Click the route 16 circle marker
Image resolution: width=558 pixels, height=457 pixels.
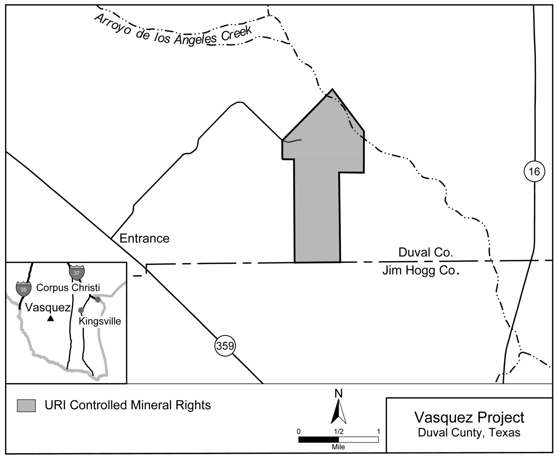[x=534, y=171]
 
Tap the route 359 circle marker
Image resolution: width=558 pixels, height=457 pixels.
[x=225, y=346]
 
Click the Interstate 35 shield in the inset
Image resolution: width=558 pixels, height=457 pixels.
[x=23, y=289]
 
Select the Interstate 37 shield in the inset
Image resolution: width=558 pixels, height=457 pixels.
[x=76, y=273]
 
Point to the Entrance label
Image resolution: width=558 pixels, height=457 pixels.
[x=144, y=238]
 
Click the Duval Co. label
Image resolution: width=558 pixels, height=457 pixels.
[x=425, y=252]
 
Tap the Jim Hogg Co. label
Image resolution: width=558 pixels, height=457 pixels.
[x=420, y=270]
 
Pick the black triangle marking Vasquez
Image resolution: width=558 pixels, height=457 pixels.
[x=50, y=318]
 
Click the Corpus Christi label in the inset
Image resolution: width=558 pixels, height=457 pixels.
[x=68, y=287]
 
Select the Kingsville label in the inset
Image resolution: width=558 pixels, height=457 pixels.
[x=100, y=321]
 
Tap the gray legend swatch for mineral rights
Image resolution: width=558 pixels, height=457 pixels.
[x=26, y=405]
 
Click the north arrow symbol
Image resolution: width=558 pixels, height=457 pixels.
[x=339, y=411]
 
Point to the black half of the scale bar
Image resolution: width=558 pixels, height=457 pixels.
[x=318, y=439]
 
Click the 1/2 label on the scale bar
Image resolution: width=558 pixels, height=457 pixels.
[x=339, y=431]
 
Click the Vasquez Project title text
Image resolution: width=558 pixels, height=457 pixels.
[x=469, y=417]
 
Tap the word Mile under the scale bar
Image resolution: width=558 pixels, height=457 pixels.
[x=339, y=447]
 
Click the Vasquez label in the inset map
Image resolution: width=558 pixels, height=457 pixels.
[x=48, y=307]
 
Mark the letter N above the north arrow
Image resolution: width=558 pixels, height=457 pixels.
[x=339, y=393]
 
